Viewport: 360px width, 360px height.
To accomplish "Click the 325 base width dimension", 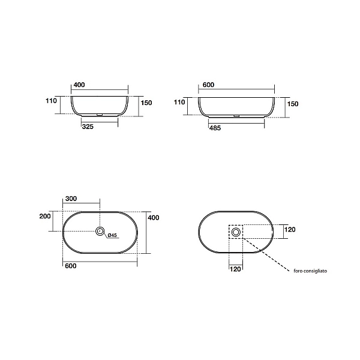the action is pyautogui.click(x=88, y=127).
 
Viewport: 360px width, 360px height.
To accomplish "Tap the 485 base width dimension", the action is pyautogui.click(x=215, y=128).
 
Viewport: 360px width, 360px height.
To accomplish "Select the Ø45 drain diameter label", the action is pyautogui.click(x=112, y=235).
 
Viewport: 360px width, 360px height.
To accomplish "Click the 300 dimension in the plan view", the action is pyautogui.click(x=71, y=199).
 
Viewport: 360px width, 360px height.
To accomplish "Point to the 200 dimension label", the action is pyautogui.click(x=45, y=216).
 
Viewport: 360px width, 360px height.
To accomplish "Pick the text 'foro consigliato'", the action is pyautogui.click(x=310, y=271).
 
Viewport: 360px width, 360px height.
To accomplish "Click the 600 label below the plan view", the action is pyautogui.click(x=71, y=266).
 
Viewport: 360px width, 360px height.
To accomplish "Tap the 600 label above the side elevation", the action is pyautogui.click(x=208, y=85).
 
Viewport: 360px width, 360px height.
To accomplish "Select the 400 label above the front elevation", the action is pyautogui.click(x=79, y=85).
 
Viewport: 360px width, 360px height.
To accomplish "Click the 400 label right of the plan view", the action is pyautogui.click(x=154, y=217).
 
